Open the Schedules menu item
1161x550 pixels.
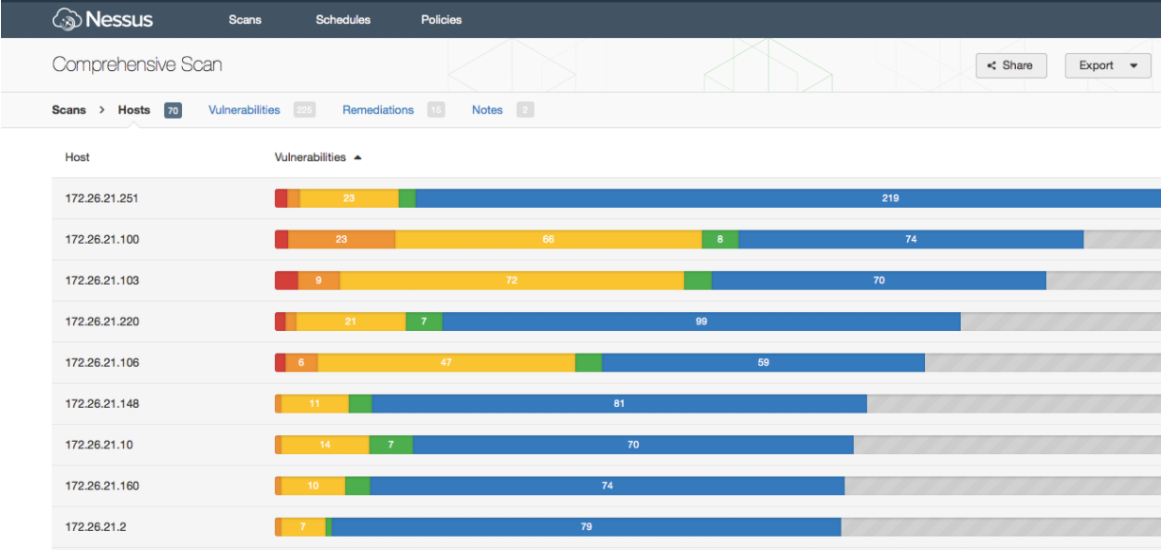[x=343, y=20]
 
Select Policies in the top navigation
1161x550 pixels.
[x=442, y=20]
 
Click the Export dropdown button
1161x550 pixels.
[x=1107, y=65]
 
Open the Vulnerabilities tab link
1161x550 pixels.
[x=245, y=110]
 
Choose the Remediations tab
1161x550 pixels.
[x=378, y=110]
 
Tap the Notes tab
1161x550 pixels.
[x=487, y=110]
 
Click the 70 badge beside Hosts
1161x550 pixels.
[x=172, y=111]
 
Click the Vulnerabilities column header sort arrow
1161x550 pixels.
[x=357, y=157]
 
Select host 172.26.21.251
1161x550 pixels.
[x=102, y=198]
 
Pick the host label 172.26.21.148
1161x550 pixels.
[x=102, y=404]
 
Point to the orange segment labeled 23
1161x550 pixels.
[x=341, y=239]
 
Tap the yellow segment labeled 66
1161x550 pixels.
[x=548, y=239]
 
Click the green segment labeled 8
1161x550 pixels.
[x=720, y=239]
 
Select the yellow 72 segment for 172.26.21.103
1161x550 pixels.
[x=512, y=281]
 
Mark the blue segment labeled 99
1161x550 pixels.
[x=701, y=321]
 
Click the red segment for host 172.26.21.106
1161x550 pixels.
[x=281, y=362]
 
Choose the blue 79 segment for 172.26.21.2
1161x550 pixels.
[x=586, y=527]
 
